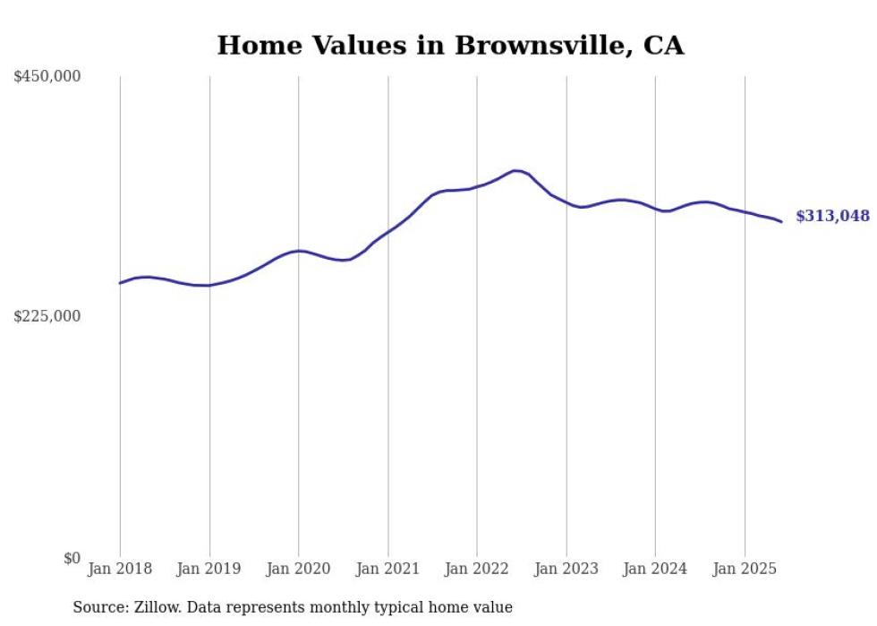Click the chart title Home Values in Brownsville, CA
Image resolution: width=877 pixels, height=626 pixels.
[450, 46]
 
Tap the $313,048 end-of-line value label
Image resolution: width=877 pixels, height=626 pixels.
[832, 216]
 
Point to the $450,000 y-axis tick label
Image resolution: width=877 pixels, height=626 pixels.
[47, 77]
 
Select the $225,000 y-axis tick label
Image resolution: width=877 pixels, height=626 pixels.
[47, 316]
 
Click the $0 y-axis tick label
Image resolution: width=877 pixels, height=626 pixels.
[72, 558]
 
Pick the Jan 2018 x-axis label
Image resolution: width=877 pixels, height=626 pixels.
[120, 569]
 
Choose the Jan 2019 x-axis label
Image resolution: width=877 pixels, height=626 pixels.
[209, 569]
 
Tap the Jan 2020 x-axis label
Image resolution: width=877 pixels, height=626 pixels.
[298, 569]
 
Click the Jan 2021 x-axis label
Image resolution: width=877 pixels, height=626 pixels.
[387, 569]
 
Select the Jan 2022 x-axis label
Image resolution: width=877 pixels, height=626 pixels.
[476, 569]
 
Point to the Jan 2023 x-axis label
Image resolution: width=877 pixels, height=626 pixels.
[566, 569]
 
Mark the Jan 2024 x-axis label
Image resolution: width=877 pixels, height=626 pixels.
[655, 569]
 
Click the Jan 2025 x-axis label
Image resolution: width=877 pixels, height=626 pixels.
[744, 569]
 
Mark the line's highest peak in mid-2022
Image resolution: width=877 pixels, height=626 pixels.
[516, 170]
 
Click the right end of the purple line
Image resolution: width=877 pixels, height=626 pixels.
[781, 221]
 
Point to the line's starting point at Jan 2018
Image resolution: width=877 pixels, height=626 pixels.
[120, 283]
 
